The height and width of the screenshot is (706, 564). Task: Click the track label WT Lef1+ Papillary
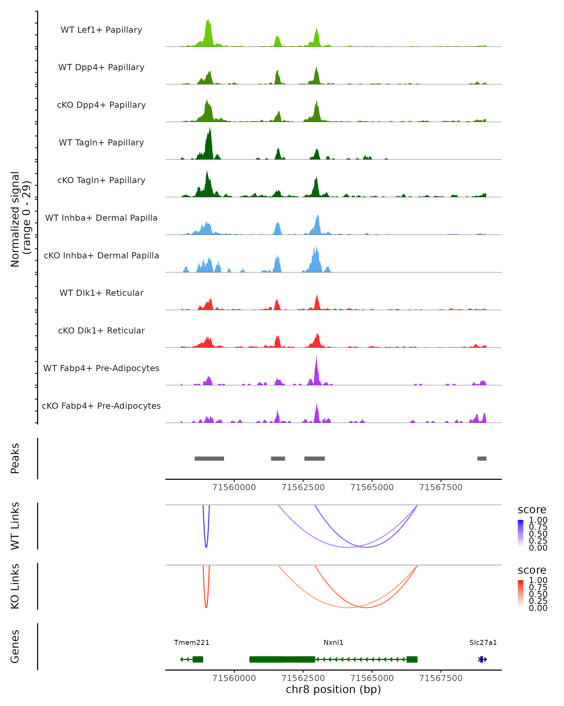coord(101,30)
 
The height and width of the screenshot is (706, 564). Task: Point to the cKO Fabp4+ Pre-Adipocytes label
coord(101,406)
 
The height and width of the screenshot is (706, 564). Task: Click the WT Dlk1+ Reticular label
coord(101,293)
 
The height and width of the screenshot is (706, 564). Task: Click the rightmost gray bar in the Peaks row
coord(482,458)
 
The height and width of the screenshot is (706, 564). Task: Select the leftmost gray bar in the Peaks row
coord(209,458)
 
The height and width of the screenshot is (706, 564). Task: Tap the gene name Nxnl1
coord(333,642)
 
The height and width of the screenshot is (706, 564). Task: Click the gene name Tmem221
coord(192,642)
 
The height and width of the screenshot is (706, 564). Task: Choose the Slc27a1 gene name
coord(483,642)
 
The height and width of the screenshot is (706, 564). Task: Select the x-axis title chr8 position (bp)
coord(333,689)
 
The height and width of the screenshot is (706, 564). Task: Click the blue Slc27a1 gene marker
coord(482,659)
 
